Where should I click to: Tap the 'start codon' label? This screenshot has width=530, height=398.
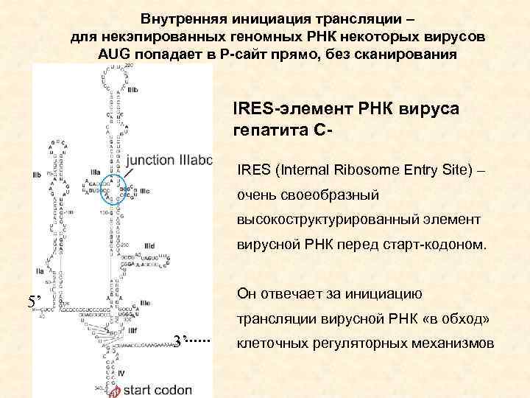tap(158, 389)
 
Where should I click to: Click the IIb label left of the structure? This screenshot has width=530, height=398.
tap(37, 175)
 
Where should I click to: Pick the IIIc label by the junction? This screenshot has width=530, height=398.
tap(144, 191)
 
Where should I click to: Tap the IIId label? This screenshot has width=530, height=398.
tap(150, 245)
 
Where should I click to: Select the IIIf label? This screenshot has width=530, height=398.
tap(132, 331)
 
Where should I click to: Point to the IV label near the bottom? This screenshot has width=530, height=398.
tap(121, 374)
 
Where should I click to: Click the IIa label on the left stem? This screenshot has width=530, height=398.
tap(39, 273)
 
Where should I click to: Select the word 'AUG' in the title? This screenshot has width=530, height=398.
tap(114, 55)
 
